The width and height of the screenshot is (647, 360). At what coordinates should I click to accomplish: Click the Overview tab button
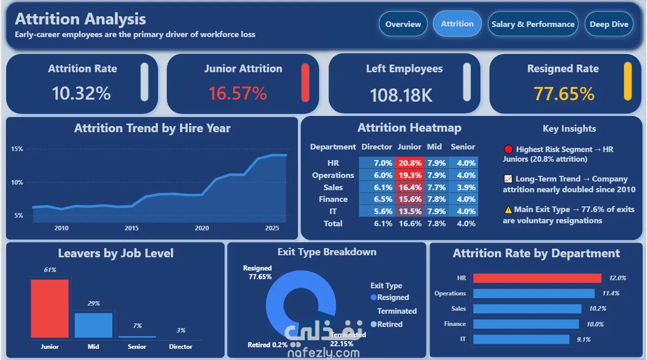tap(403, 24)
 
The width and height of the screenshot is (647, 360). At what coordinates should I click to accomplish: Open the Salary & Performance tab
tap(533, 24)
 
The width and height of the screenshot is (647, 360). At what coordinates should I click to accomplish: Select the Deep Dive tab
tap(609, 24)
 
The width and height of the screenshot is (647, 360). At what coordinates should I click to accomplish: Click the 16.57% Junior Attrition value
tap(237, 94)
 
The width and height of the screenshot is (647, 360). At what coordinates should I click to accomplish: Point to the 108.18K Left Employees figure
tap(401, 95)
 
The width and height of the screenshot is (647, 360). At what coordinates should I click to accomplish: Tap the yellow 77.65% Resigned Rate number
tap(564, 94)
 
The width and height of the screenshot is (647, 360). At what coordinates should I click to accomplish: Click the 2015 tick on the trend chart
tap(132, 228)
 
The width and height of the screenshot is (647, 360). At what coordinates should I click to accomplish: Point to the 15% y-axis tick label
tap(17, 149)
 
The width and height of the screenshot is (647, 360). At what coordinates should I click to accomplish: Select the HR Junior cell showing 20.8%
tap(410, 163)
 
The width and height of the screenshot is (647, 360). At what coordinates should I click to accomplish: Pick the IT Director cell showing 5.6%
tap(377, 211)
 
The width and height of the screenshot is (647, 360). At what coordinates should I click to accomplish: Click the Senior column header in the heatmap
tap(463, 147)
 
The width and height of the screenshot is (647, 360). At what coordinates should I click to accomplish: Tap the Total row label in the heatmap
tap(333, 223)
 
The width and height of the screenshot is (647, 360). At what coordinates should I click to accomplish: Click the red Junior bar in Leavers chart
tap(50, 308)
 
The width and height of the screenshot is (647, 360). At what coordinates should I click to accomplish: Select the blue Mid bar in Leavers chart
tap(94, 325)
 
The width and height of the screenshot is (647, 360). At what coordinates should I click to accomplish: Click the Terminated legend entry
tap(394, 311)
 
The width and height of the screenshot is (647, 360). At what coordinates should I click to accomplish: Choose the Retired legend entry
tap(387, 324)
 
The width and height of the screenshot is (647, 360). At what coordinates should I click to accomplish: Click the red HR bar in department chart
tap(537, 278)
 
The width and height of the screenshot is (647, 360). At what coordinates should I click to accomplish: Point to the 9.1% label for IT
tap(583, 339)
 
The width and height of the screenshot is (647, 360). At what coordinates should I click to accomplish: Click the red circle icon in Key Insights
tap(508, 149)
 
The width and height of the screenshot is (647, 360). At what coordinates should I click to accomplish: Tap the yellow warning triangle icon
tap(508, 209)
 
